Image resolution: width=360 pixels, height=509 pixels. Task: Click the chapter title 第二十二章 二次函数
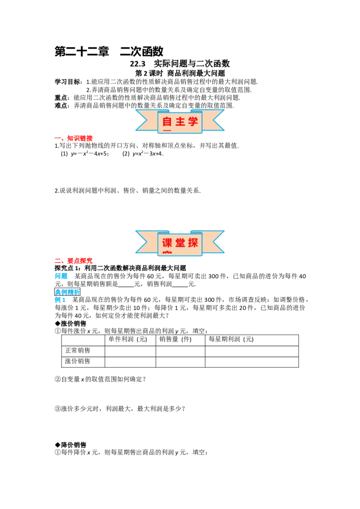(x=109, y=51)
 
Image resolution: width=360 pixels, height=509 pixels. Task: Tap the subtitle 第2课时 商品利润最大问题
(x=180, y=73)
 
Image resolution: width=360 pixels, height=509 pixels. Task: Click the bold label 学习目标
(x=67, y=82)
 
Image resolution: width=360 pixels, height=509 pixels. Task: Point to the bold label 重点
(x=61, y=98)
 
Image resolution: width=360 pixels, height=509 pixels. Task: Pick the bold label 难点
(x=61, y=106)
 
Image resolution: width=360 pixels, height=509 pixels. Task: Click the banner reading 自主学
(x=180, y=121)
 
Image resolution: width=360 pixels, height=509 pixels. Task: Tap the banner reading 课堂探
(x=180, y=242)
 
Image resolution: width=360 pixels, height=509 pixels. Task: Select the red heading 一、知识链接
(x=74, y=138)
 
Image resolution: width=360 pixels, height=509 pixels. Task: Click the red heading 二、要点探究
(x=74, y=261)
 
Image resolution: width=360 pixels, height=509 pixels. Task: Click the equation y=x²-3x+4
(x=148, y=153)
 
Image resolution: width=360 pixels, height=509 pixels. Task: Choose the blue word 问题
(x=61, y=276)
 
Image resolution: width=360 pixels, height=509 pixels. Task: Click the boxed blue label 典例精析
(x=67, y=292)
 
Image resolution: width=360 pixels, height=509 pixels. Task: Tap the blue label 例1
(x=60, y=299)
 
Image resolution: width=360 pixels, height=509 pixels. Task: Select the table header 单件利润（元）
(x=128, y=339)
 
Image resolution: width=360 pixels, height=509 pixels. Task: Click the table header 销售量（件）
(x=175, y=339)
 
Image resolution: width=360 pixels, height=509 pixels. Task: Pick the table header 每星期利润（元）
(x=231, y=339)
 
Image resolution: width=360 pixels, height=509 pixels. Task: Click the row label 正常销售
(x=78, y=351)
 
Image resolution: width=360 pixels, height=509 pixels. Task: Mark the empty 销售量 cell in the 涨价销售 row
(x=180, y=362)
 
